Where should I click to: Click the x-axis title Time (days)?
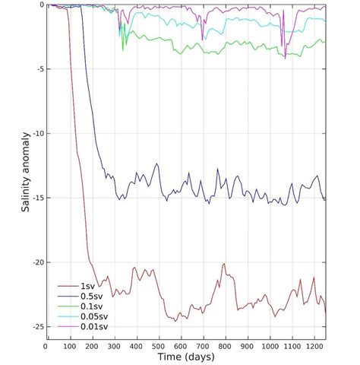coord(185,357)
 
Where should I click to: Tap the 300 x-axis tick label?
coord(113,344)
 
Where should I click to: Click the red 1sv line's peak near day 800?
coord(224,264)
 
